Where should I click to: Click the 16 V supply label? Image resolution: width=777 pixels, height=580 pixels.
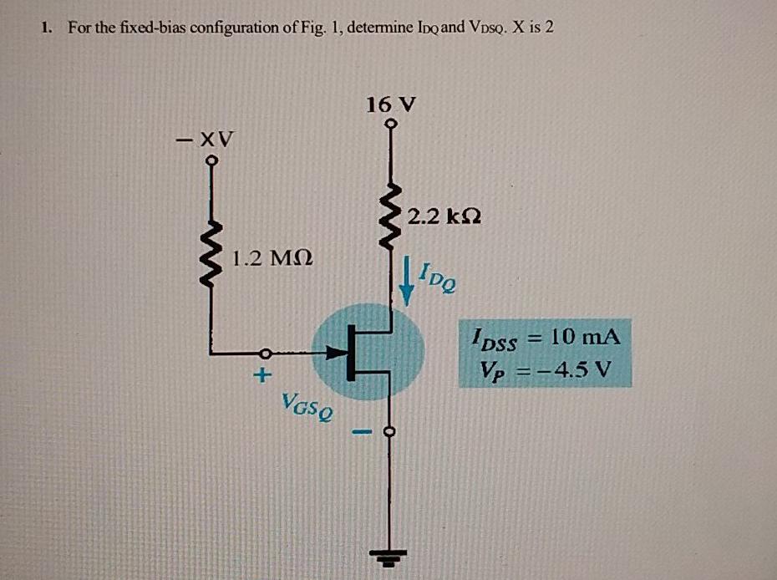390,105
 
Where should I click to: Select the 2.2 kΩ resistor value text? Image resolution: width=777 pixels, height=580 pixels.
444,216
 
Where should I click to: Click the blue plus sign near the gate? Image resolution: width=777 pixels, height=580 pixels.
262,376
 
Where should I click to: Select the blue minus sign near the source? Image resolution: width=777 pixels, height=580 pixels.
359,433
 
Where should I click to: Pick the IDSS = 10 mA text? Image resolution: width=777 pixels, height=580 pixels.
545,339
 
